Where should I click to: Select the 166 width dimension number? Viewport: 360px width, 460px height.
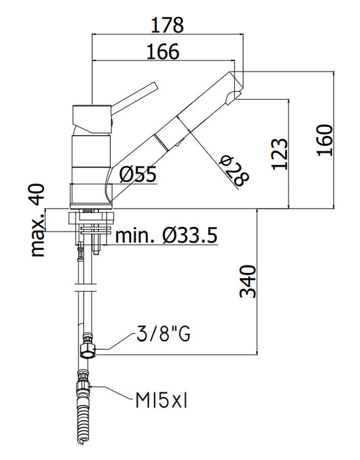coord(163,51)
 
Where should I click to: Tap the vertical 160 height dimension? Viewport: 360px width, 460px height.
coord(325,140)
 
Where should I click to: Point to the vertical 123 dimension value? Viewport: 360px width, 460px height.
coord(280,154)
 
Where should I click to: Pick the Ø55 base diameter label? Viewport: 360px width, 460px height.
coord(138,175)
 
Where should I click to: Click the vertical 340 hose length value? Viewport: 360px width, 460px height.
coord(248,282)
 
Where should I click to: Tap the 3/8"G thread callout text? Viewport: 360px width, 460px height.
coord(163,334)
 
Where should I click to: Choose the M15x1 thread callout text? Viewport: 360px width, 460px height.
coord(161,400)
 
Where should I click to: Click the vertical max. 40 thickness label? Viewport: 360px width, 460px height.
coord(38,220)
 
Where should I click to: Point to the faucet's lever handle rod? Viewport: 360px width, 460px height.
coord(134,96)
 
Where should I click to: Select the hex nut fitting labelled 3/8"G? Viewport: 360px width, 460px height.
coord(88,351)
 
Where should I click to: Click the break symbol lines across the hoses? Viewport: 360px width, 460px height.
coord(85,288)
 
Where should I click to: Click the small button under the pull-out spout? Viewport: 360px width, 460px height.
coord(180,143)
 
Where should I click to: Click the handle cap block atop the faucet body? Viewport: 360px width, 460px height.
coord(92,120)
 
